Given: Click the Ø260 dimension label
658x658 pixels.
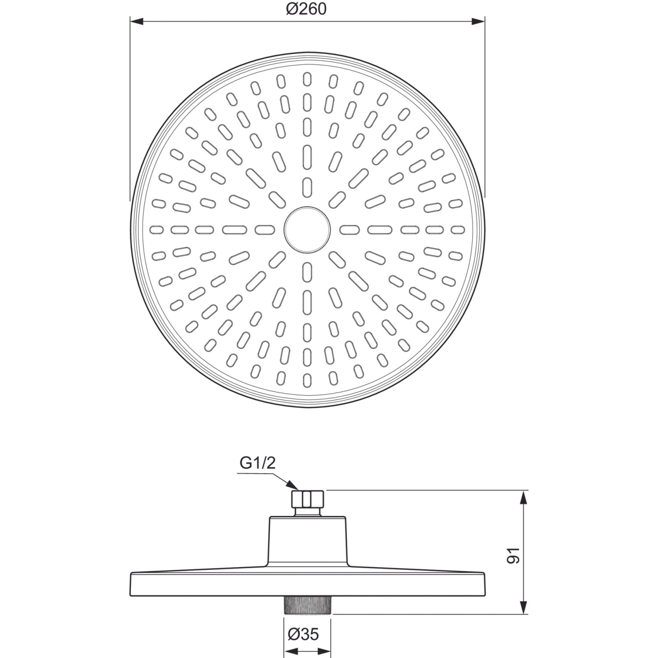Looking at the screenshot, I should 307,8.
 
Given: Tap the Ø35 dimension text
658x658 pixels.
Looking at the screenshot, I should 303,634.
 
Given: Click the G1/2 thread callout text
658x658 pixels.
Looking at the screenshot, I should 257,463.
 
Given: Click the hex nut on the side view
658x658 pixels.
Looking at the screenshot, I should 308,498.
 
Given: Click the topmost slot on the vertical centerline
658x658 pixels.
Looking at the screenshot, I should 307,79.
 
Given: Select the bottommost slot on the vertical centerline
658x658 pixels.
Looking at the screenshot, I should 307,380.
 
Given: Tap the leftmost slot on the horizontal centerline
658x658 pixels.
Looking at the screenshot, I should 157,229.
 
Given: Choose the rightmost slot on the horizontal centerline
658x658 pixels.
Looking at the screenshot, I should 458,229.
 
